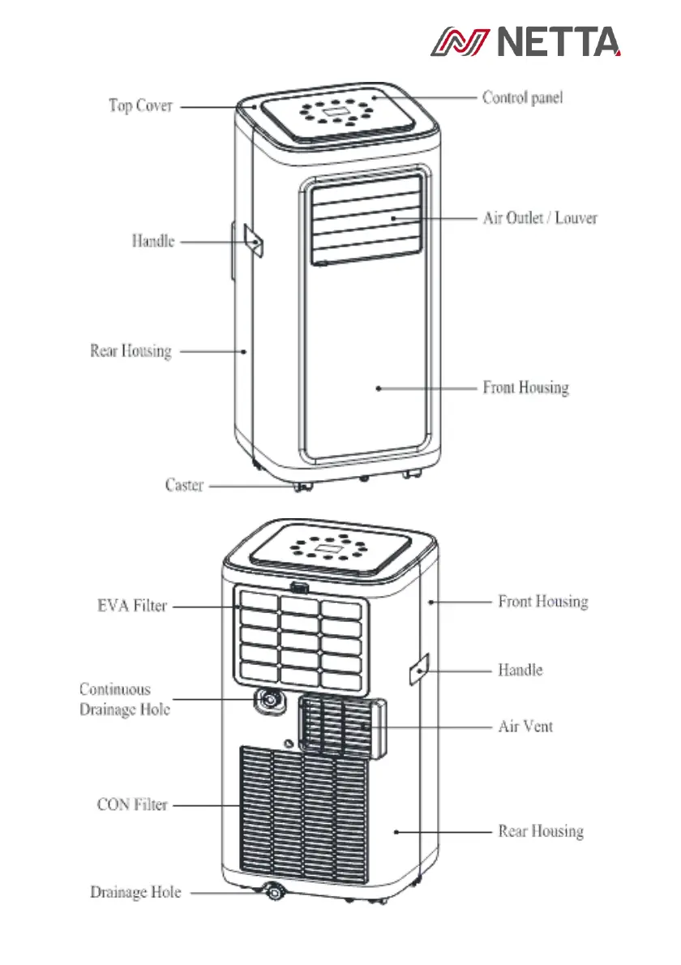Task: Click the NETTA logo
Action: click(525, 41)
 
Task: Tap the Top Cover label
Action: click(140, 106)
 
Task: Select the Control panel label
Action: click(522, 97)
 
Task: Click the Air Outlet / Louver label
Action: click(540, 218)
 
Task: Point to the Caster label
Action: click(184, 486)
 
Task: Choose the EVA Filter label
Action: click(126, 606)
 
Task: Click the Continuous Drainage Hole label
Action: click(124, 699)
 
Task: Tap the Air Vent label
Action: click(525, 727)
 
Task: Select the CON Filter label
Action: click(132, 805)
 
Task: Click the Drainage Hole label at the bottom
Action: click(135, 893)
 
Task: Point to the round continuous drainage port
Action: click(268, 701)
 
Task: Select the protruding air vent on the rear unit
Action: click(340, 727)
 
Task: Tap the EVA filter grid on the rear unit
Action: click(300, 635)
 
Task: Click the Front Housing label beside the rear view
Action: click(542, 602)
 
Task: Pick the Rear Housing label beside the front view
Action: click(131, 351)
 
